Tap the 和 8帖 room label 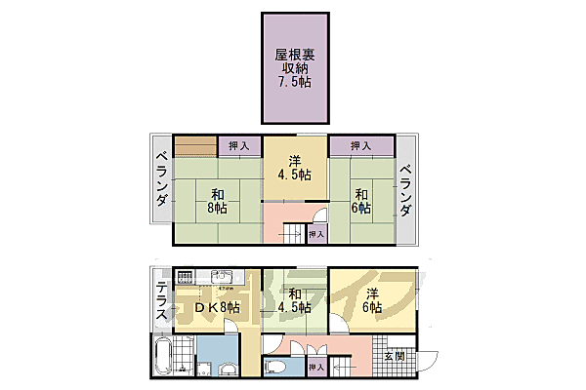pos(216,200)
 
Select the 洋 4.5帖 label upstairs pos(292,168)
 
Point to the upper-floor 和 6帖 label pos(360,200)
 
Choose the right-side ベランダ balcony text pos(406,191)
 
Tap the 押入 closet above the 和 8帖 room pos(238,146)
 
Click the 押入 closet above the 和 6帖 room pos(360,146)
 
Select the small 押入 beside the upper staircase pos(314,234)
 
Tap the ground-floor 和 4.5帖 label pos(293,302)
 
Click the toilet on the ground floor pos(275,367)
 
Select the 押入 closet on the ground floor pos(314,367)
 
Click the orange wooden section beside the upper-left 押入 pos(195,146)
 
